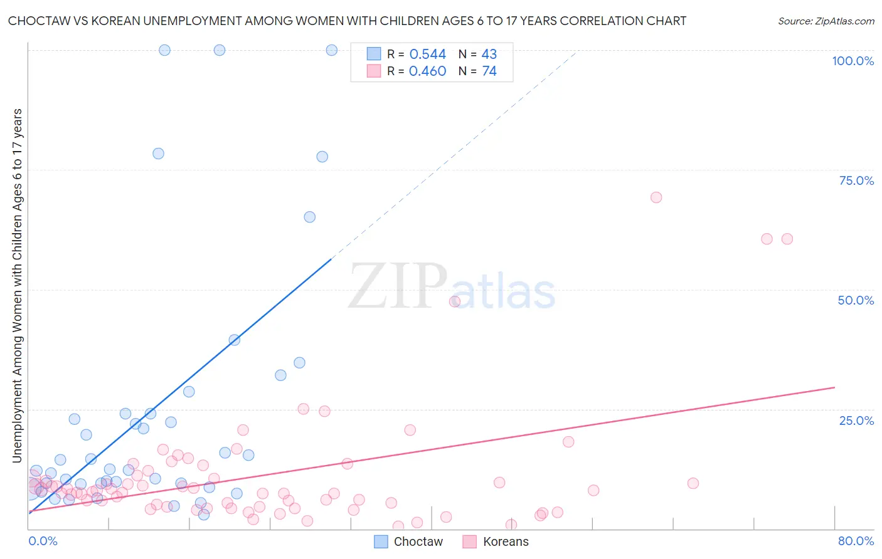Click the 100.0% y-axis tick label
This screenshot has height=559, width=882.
tap(853, 61)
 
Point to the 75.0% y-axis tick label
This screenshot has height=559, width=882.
tap(856, 180)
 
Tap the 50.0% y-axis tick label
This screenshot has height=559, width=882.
tap(856, 300)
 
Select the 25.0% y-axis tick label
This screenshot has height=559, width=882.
tap(856, 420)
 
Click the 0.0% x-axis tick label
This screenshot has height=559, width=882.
tap(43, 541)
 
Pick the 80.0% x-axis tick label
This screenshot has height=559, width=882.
tap(856, 541)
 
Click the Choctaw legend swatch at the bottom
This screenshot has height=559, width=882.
tap(381, 541)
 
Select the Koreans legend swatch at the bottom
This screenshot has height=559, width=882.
tap(470, 541)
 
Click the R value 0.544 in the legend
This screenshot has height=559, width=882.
tap(427, 54)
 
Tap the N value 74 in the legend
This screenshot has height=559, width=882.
tap(489, 71)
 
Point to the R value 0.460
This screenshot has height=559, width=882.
tap(427, 71)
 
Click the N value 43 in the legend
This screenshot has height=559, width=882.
tap(489, 54)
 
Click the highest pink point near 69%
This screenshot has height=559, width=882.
tap(656, 197)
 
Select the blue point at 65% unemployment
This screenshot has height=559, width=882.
tap(309, 217)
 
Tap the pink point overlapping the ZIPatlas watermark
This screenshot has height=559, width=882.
tap(455, 301)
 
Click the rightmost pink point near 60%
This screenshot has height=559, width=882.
tap(787, 239)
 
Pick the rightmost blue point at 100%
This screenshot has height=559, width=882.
tap(332, 50)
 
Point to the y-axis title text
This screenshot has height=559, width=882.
tap(17, 285)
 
